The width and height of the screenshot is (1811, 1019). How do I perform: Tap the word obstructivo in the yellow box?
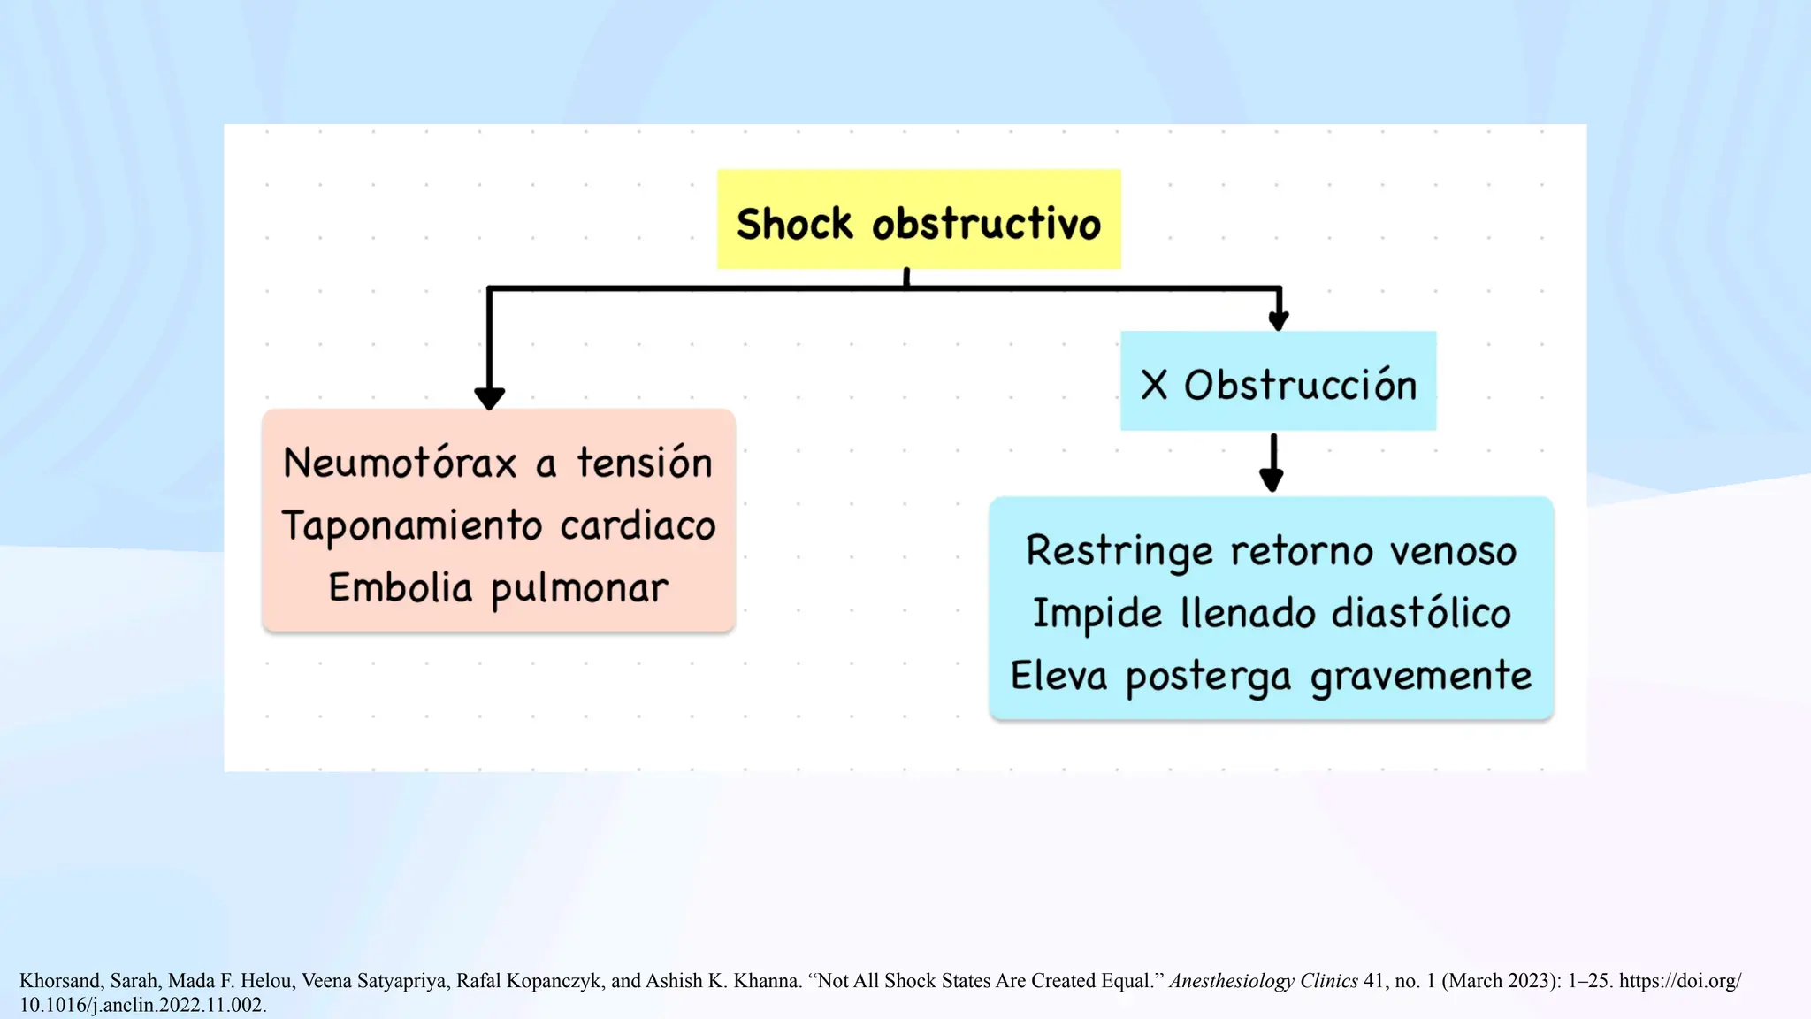986,223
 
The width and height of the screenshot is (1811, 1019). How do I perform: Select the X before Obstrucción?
1154,385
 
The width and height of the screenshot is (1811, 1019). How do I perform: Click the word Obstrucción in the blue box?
1300,385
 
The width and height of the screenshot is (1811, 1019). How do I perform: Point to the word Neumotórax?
400,463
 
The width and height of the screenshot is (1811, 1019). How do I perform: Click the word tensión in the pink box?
645,463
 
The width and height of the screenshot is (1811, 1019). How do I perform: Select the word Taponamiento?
412,526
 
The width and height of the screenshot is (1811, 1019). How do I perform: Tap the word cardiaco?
638,526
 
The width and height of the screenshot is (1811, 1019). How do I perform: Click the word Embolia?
401,588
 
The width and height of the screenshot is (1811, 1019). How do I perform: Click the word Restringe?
1119,551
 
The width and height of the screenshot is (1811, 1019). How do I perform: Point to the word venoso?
1453,551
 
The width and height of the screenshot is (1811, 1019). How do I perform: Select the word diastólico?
1421,613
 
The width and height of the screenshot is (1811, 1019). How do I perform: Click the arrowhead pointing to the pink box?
489,397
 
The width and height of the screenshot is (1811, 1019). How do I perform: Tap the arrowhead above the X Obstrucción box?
1278,319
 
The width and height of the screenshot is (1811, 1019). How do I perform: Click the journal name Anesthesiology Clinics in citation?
1263,981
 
